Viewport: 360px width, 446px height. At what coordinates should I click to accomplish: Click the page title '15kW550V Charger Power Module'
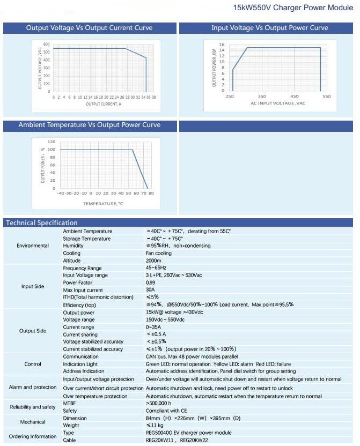coord(293,9)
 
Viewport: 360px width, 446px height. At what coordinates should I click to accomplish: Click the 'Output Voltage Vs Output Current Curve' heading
coord(89,28)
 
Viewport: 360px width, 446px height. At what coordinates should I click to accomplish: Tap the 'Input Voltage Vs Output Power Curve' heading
coord(269,28)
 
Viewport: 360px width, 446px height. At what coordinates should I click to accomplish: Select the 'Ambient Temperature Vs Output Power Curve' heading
coord(89,125)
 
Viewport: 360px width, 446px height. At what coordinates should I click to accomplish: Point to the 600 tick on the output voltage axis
coord(47,44)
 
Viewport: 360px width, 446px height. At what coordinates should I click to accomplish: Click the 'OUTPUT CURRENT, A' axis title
coord(104,103)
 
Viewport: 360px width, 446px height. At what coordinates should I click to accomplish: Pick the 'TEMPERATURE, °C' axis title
coord(104,203)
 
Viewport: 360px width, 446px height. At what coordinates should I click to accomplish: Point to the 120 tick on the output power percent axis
coord(52,142)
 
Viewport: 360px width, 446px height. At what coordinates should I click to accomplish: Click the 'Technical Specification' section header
coord(41,223)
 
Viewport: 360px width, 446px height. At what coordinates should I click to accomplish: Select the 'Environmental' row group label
coord(32,246)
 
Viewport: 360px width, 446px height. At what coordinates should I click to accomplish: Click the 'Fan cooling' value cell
coord(159,253)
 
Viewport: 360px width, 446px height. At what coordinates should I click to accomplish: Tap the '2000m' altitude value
coord(154,261)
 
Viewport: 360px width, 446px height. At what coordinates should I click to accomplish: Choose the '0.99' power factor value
coord(151,283)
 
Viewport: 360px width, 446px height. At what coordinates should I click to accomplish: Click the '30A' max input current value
coord(150,290)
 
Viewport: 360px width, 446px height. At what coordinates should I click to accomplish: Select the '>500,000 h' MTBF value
coord(158,403)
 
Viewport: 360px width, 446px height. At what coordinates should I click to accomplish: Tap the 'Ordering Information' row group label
coord(33,436)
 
